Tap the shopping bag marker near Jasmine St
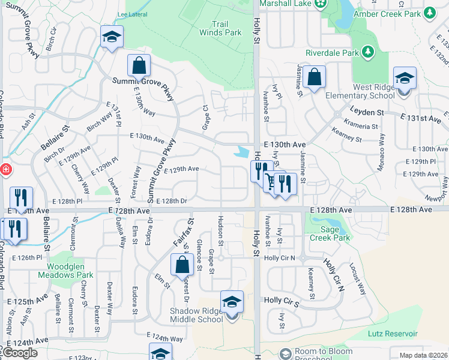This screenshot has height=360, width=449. [x=313, y=77]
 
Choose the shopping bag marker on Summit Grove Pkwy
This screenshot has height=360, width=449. [x=139, y=65]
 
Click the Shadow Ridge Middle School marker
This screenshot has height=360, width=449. [x=232, y=302]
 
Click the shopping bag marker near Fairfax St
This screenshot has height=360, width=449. [x=181, y=265]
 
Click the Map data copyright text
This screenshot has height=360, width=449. [x=423, y=355]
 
